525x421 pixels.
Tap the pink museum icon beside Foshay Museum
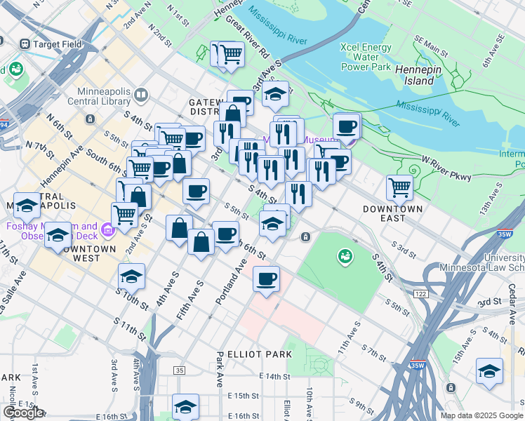(x=107, y=229)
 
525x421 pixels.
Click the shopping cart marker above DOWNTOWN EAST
(x=399, y=187)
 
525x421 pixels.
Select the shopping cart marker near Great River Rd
(x=230, y=53)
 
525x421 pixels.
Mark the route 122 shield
(x=420, y=293)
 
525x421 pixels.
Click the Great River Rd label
(x=247, y=37)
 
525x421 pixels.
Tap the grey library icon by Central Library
(x=140, y=94)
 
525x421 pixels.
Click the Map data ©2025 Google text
(x=481, y=415)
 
